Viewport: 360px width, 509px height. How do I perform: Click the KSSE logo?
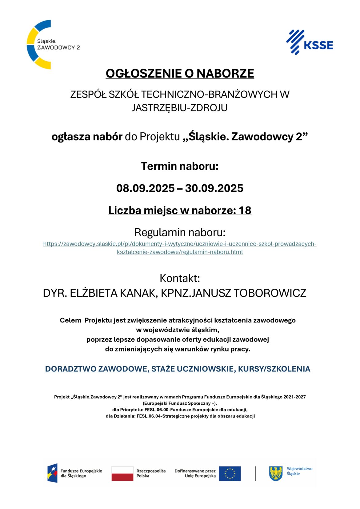coord(310,42)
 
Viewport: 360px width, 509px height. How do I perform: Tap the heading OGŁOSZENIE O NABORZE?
coord(180,74)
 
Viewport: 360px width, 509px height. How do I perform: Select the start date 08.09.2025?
coord(145,188)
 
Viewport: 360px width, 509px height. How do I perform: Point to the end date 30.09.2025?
coord(214,188)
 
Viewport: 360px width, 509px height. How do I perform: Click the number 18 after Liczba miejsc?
coord(245,210)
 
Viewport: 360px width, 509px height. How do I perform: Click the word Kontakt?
coord(180,278)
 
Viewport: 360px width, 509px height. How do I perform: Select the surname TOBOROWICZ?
coord(270,293)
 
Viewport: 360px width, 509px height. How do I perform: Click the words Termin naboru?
coord(180,166)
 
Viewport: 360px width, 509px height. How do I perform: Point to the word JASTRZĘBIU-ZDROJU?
coord(180,108)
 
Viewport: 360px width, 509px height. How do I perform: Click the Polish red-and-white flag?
coord(122,473)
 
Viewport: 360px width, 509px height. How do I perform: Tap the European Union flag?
coord(230,473)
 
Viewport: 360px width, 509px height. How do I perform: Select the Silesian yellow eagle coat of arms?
coord(276,473)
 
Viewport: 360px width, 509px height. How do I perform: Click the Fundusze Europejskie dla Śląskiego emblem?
coord(52,473)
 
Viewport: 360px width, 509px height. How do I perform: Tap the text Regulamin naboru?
coord(180,232)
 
